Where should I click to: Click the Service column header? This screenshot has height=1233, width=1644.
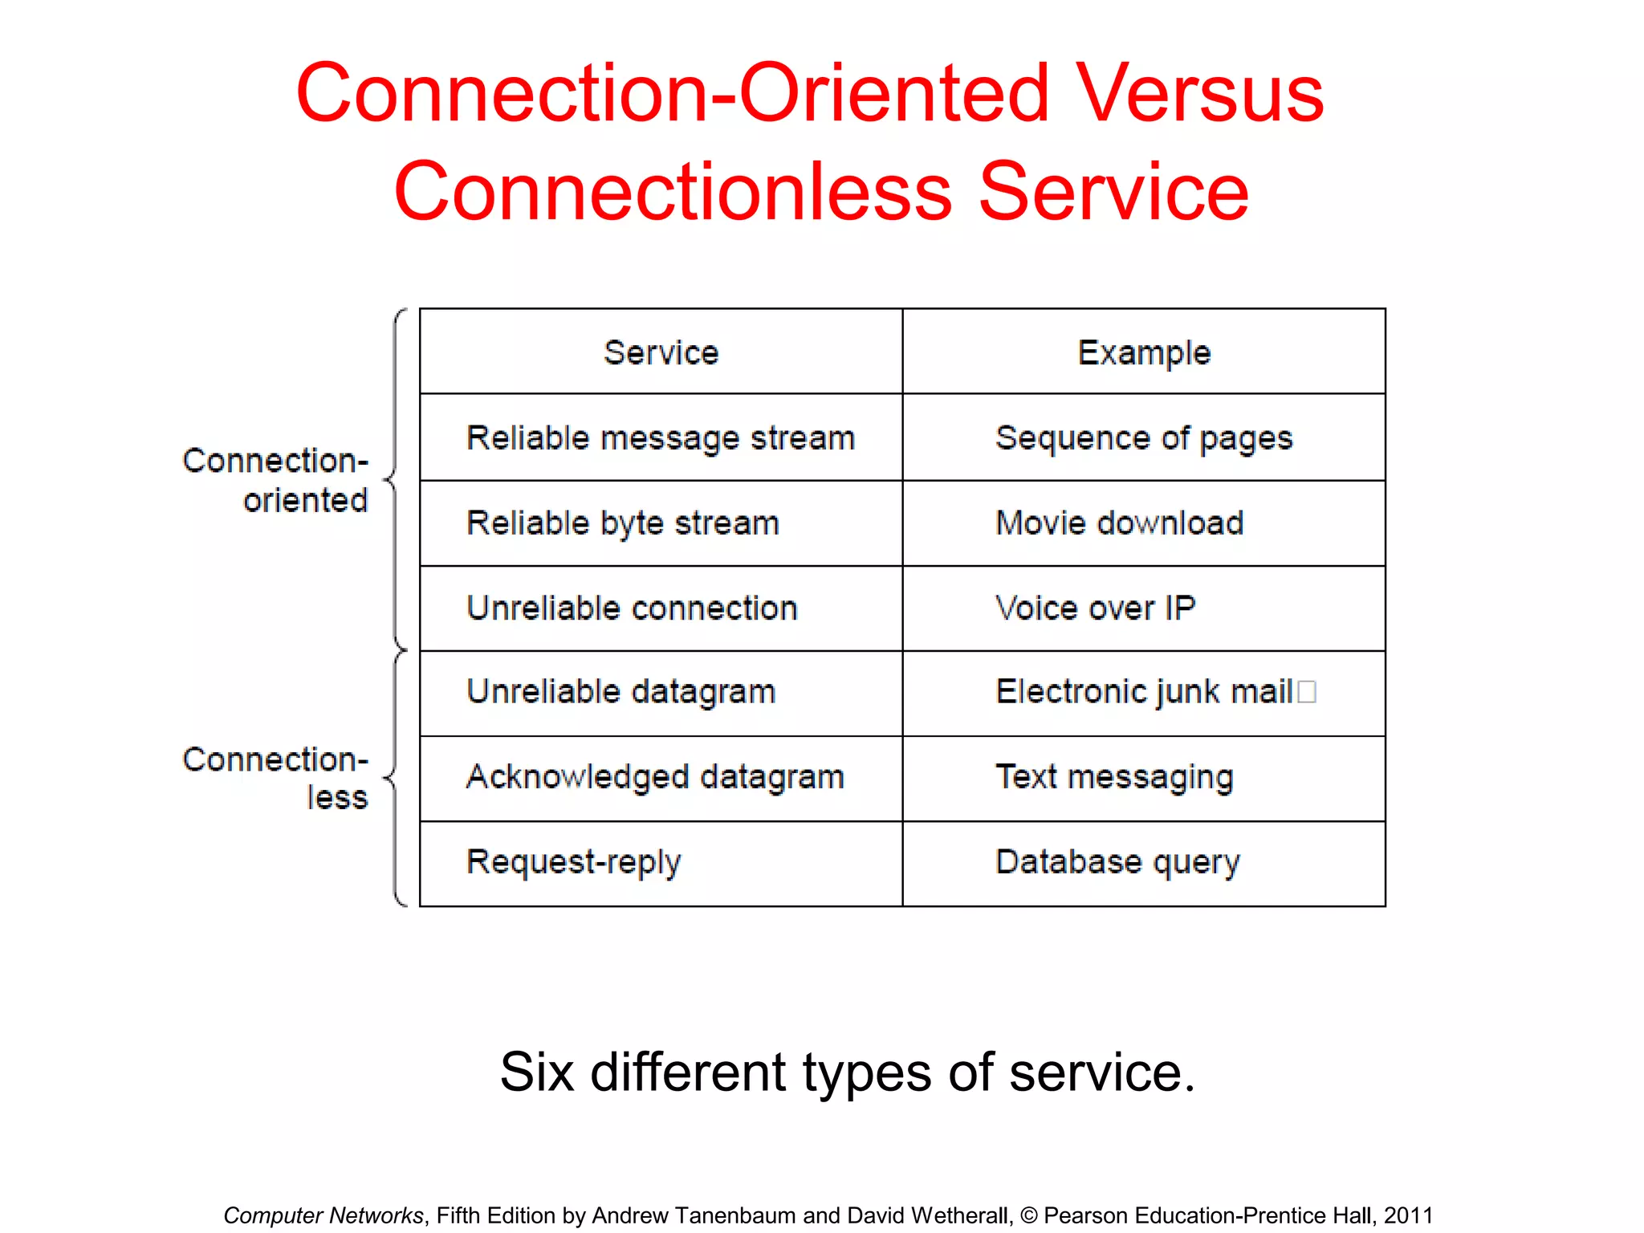[x=661, y=352]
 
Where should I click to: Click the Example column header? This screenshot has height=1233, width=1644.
[x=1143, y=352]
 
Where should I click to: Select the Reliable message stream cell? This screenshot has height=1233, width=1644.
[x=661, y=438]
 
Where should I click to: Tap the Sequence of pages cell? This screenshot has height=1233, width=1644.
[x=1143, y=438]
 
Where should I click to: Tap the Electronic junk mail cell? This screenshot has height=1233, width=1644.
[x=1143, y=692]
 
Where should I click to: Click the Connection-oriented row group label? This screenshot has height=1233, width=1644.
[x=275, y=480]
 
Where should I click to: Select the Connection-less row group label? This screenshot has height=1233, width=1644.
[x=275, y=778]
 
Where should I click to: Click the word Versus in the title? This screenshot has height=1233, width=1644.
[x=1199, y=94]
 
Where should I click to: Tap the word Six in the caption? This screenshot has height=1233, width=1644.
[x=536, y=1072]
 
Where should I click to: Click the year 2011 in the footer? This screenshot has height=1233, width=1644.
[x=1408, y=1215]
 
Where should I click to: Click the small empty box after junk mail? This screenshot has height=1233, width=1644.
[x=1306, y=691]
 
